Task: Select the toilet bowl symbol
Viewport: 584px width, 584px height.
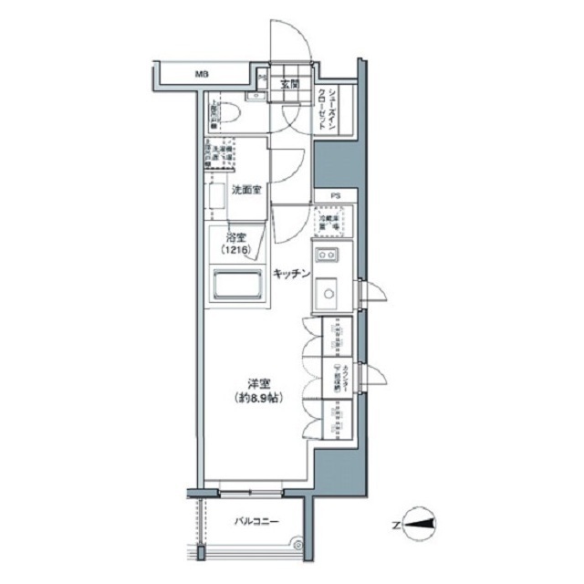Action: (x=230, y=112)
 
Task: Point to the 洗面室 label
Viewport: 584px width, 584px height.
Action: (x=246, y=190)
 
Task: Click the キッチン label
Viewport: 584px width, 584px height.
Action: (x=293, y=273)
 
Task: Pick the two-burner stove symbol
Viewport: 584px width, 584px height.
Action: (x=326, y=254)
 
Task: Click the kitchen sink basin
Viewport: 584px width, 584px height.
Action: (x=326, y=293)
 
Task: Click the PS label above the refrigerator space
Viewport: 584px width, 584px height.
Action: (x=335, y=195)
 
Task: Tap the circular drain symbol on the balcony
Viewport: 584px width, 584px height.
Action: (x=296, y=545)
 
